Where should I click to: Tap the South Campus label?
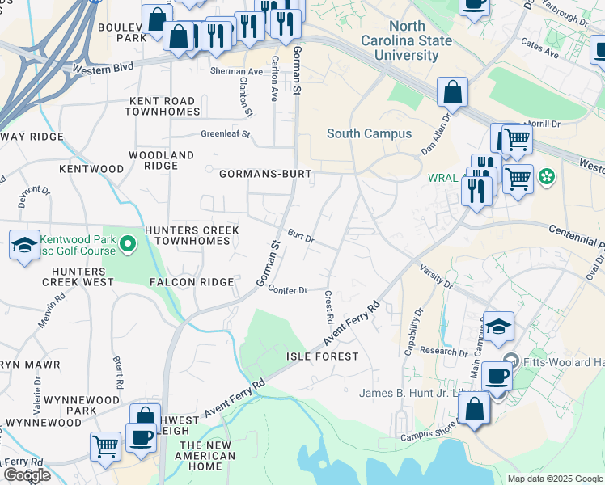pos(369,133)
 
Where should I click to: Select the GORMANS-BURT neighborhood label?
pos(265,173)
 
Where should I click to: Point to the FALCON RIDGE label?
pos(191,282)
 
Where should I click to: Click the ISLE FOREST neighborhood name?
pos(322,356)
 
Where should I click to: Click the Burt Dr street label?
pos(300,236)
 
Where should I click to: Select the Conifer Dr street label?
pos(287,291)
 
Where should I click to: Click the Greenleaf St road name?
pos(226,134)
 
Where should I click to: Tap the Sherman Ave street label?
pos(237,72)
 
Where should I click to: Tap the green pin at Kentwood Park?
pos(127,242)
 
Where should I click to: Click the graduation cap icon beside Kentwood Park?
pos(24,244)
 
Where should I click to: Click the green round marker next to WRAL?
pos(548,175)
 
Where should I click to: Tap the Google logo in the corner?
pos(26,475)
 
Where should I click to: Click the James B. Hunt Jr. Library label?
pos(412,394)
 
